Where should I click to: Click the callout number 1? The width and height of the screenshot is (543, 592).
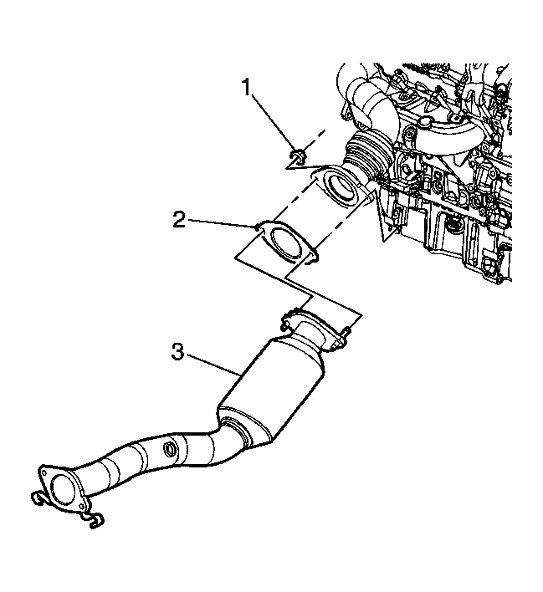point(247,88)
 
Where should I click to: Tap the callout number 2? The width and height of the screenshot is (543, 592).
point(179,219)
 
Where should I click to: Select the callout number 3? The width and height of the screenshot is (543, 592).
point(177,352)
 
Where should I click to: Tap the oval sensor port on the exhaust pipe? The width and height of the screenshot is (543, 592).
point(170,449)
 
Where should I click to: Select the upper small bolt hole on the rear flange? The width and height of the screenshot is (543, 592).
point(44,472)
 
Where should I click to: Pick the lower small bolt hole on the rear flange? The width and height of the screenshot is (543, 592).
point(80,507)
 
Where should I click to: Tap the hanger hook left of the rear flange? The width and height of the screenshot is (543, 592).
point(38,498)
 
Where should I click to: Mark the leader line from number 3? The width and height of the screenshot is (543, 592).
point(214,364)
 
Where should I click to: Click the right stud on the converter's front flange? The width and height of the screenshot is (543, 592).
point(347,333)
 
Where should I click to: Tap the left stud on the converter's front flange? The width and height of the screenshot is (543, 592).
point(286,323)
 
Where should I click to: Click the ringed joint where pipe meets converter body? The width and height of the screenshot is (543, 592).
point(238,432)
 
